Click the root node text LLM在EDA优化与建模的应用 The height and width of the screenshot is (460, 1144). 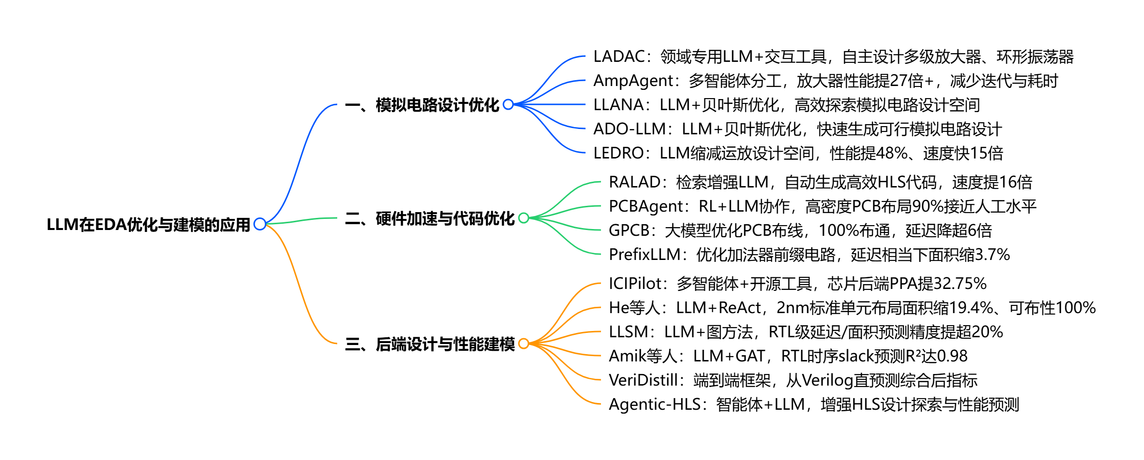click(x=148, y=225)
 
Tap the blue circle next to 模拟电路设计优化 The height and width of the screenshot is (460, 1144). click(x=508, y=104)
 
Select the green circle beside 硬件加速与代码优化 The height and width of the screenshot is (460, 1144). click(x=524, y=218)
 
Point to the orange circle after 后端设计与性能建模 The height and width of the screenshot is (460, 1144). click(x=524, y=344)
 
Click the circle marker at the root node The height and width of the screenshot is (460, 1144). click(x=260, y=224)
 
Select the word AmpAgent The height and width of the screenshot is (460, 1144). click(x=633, y=81)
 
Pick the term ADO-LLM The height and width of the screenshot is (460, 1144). click(x=629, y=129)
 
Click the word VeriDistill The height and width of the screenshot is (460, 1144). click(x=643, y=380)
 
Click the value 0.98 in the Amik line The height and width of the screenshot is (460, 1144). click(x=952, y=356)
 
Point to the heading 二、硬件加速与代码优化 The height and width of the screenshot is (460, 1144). click(x=429, y=218)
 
